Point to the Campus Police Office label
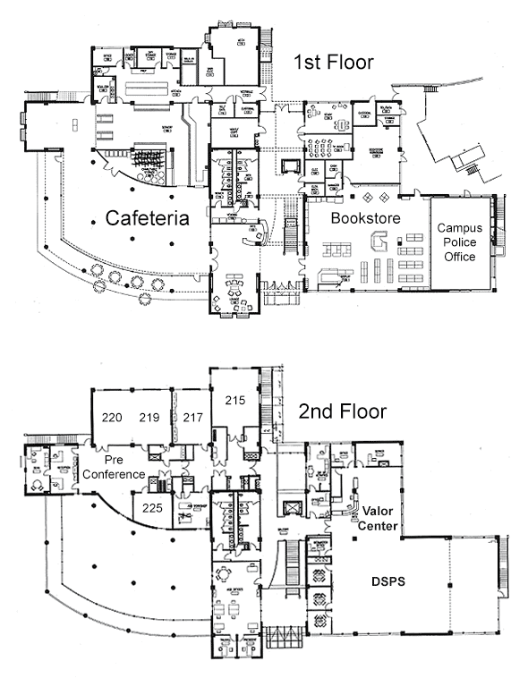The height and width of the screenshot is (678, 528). (x=460, y=242)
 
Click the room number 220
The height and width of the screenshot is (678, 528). (x=112, y=417)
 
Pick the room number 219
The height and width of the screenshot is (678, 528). (x=149, y=417)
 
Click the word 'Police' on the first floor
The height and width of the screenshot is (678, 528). (x=460, y=242)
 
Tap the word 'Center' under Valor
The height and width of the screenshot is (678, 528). (x=379, y=526)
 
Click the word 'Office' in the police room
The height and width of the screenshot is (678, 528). (x=460, y=257)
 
